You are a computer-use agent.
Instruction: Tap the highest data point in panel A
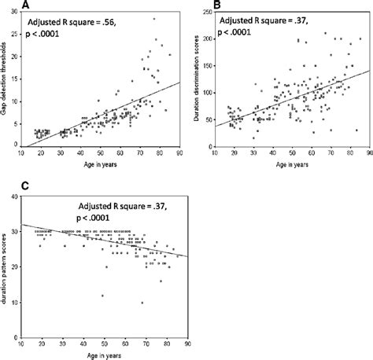154,19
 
